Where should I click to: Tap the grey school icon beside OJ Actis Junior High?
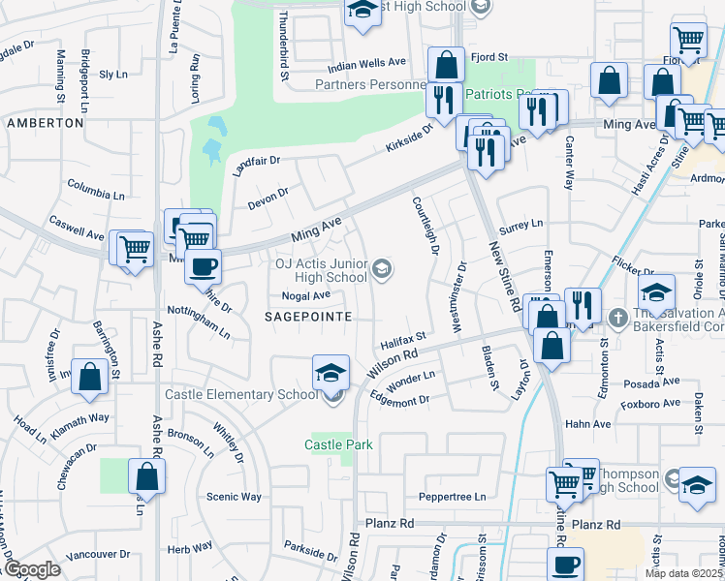pos(383,269)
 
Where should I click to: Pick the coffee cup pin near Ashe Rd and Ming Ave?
pos(203,265)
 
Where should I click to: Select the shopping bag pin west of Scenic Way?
pos(146,475)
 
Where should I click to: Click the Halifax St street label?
pos(403,338)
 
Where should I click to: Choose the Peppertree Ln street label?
pos(452,497)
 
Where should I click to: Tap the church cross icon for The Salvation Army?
pos(617,317)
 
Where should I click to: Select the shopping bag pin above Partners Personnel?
pos(446,66)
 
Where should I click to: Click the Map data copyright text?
pos(683,573)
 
